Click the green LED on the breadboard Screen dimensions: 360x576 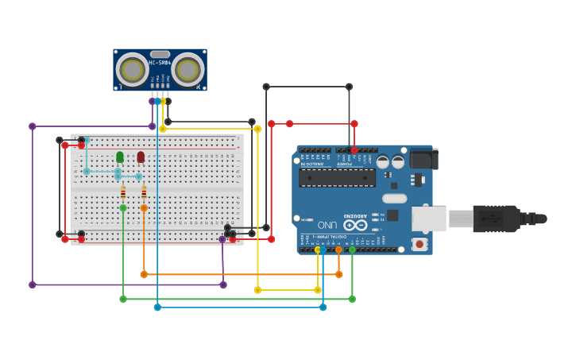point(120,157)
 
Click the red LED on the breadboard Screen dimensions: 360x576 point(141,157)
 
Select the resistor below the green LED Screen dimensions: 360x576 point(123,192)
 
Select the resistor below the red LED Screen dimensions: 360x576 point(144,192)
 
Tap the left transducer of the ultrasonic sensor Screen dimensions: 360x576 point(132,70)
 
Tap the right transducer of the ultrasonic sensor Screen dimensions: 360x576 point(187,70)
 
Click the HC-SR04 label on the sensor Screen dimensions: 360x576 point(160,63)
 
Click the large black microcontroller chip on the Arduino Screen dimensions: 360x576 point(337,177)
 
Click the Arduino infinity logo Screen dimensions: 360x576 point(355,225)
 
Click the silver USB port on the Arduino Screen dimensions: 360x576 point(428,219)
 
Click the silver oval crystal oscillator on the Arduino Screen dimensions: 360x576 point(394,199)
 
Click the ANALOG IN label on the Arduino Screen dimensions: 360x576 point(312,164)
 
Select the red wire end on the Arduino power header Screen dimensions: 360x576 point(354,150)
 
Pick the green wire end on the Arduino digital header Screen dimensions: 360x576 point(352,250)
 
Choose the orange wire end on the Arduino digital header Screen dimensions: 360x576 point(338,250)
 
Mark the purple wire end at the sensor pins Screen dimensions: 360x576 point(153,101)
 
